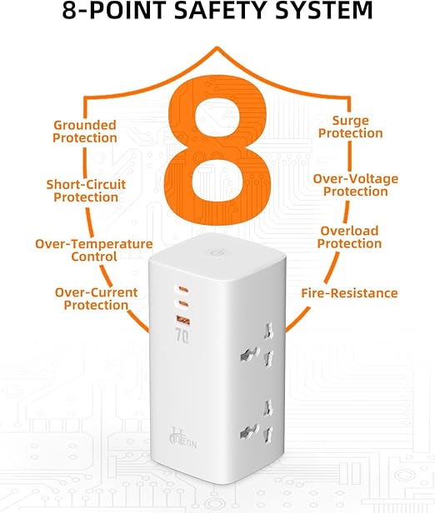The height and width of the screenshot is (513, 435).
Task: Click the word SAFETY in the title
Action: click(x=222, y=10)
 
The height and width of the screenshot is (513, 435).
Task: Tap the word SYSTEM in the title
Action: click(x=324, y=10)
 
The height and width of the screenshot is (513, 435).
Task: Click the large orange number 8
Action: click(x=217, y=150)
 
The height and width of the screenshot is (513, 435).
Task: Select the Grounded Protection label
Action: click(x=85, y=132)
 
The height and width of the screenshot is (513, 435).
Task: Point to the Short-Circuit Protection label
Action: click(x=86, y=191)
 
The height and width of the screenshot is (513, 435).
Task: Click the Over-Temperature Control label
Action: click(x=94, y=251)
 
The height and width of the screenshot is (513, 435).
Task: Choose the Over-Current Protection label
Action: click(x=96, y=299)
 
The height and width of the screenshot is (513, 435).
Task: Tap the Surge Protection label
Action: click(x=351, y=127)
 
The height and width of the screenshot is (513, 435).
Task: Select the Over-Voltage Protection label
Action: click(x=356, y=185)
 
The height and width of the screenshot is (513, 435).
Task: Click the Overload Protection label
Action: click(x=349, y=237)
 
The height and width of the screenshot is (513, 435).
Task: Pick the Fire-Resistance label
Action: click(x=349, y=293)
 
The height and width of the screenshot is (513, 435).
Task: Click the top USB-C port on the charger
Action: click(x=183, y=289)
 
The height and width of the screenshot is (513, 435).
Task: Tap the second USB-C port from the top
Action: click(x=183, y=304)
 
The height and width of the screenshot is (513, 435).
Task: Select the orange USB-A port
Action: click(x=183, y=319)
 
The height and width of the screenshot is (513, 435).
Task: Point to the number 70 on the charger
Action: click(x=182, y=336)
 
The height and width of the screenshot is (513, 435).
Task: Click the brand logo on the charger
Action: click(x=182, y=439)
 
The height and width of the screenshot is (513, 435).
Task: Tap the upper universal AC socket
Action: click(x=257, y=350)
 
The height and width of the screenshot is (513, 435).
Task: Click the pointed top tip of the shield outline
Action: click(x=217, y=47)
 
